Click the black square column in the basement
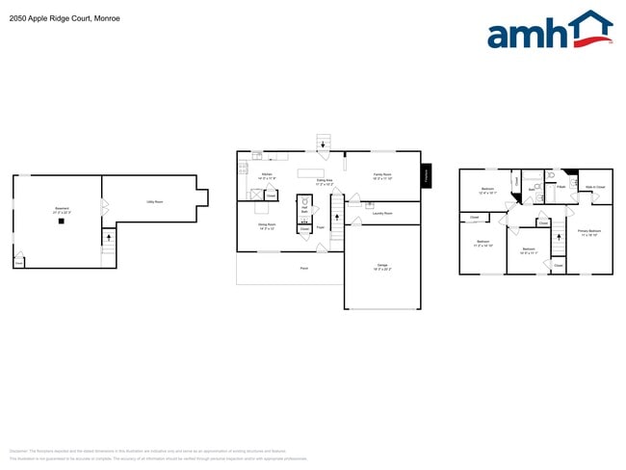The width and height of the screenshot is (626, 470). (62, 222)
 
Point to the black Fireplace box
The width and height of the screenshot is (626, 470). (427, 176)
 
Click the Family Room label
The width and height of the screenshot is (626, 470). (381, 176)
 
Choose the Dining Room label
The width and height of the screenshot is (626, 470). (266, 226)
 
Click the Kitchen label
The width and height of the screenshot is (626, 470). (267, 176)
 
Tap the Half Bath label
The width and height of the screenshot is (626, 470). (304, 209)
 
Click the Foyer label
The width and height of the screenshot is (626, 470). (321, 228)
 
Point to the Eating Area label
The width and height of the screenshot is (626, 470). (325, 181)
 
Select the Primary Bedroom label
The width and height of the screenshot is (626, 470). (588, 232)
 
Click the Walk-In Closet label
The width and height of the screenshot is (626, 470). (595, 187)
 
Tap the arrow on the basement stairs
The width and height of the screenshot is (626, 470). (108, 235)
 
